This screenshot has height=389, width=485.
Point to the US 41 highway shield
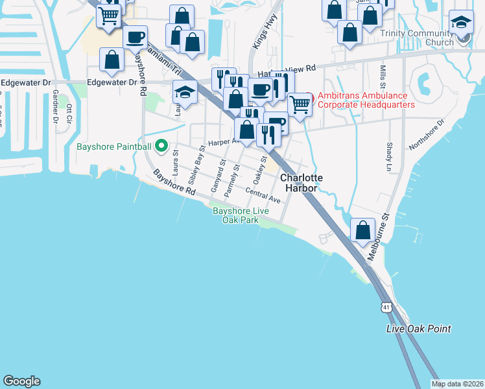(387, 311)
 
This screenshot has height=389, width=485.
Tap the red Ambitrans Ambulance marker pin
(309, 98)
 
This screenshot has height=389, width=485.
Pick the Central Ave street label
(263, 195)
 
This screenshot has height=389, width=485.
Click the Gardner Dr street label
(55, 106)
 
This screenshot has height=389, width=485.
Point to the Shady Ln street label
(390, 158)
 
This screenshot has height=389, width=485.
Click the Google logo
(21, 381)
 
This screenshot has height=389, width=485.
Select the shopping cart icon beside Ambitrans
(300, 103)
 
